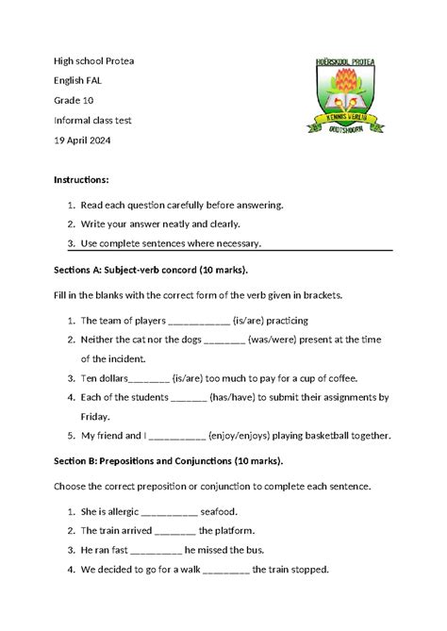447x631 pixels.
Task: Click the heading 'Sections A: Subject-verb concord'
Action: [x=151, y=269]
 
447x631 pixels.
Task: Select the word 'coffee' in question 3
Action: [x=339, y=378]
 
